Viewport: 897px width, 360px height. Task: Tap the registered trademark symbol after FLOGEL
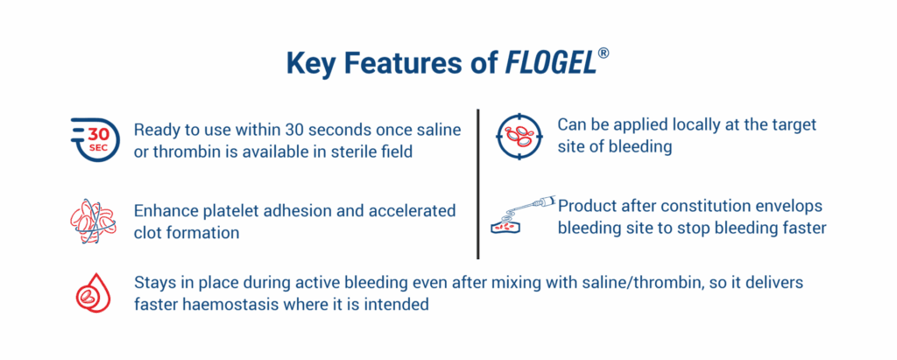click(x=603, y=53)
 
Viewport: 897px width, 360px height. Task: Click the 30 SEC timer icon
click(x=95, y=139)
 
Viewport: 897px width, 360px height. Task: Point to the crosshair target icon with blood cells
click(x=519, y=137)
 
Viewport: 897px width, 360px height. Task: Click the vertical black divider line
click(x=477, y=184)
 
